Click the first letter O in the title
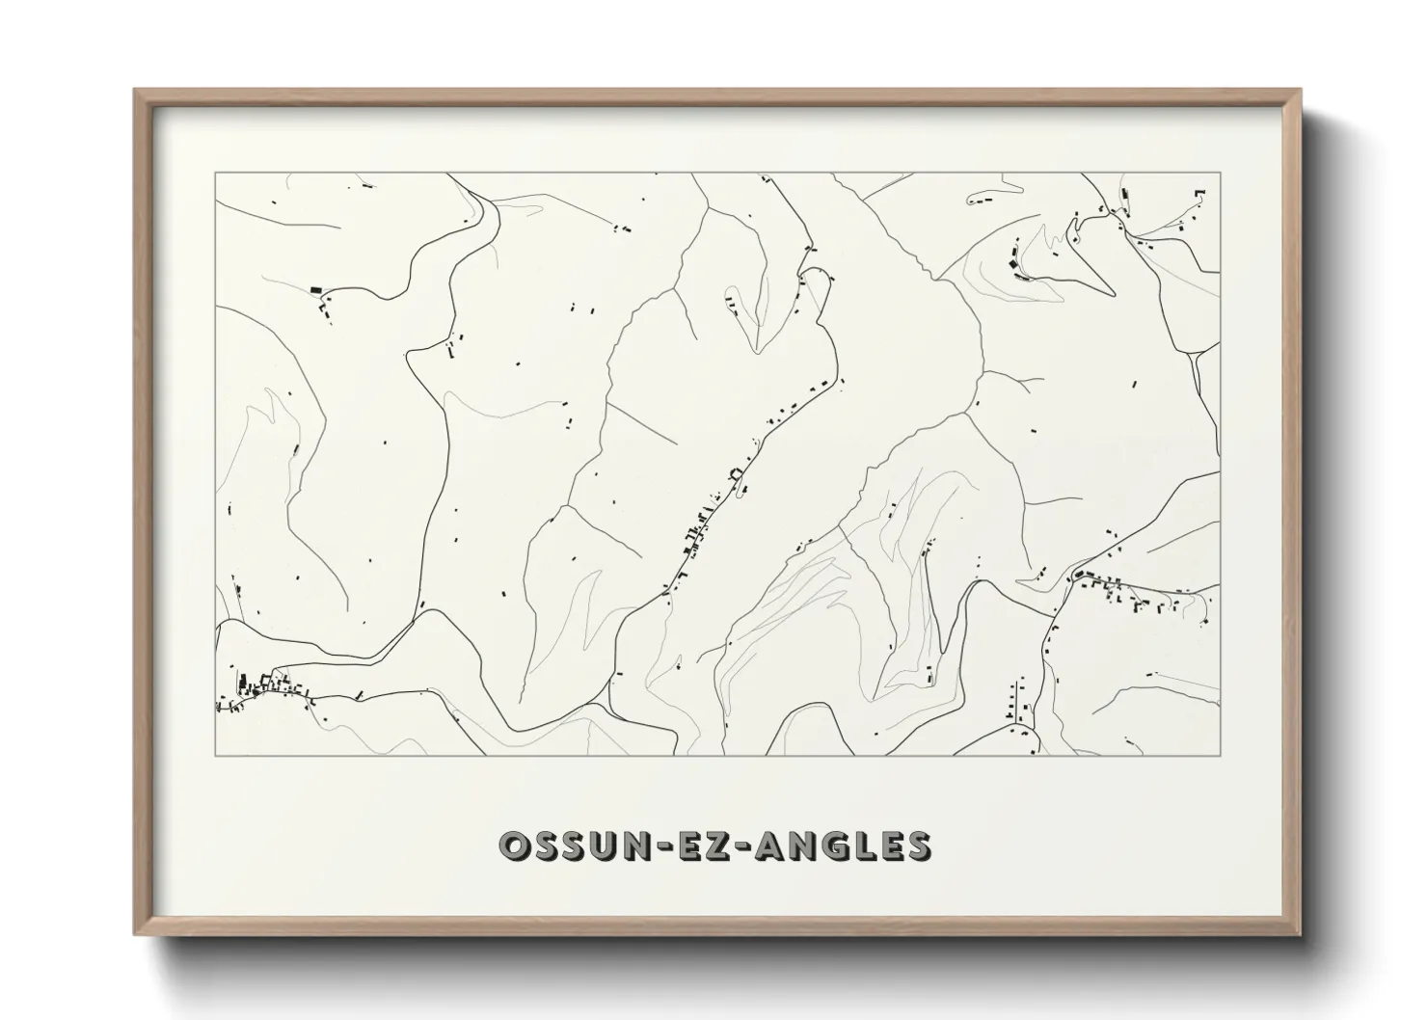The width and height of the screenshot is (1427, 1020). [514, 846]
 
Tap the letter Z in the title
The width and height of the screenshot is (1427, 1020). [728, 846]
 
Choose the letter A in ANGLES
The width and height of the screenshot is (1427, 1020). [771, 846]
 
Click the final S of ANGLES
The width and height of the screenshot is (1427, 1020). [917, 846]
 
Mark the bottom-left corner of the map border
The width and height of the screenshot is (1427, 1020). [216, 754]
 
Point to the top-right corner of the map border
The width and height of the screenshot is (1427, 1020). [1220, 174]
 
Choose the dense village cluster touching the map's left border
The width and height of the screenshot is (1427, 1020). [251, 688]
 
